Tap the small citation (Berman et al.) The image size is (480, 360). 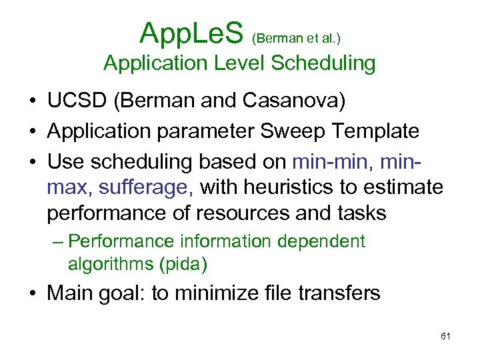coord(297,39)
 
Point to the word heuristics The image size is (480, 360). coord(283,187)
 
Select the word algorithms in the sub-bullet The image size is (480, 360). coord(111,265)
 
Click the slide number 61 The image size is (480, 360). coord(446,336)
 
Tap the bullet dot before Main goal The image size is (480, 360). coord(32,294)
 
